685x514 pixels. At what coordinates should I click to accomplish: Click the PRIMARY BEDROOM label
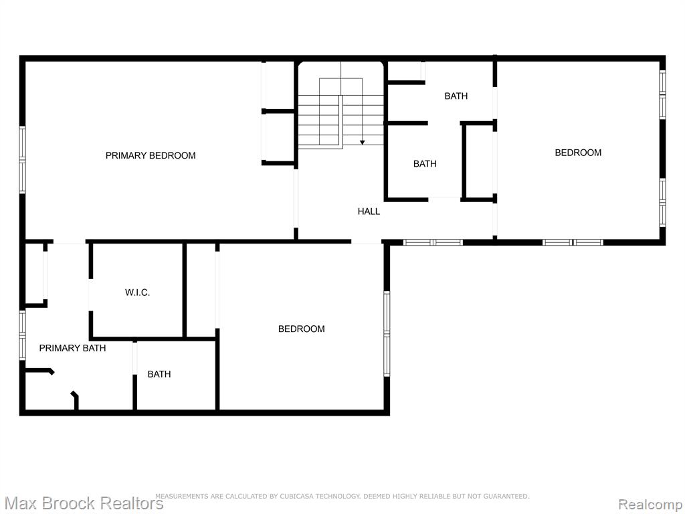pyautogui.click(x=151, y=155)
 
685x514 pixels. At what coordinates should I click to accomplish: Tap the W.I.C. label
pyautogui.click(x=137, y=292)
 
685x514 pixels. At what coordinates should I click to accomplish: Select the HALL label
pyautogui.click(x=369, y=211)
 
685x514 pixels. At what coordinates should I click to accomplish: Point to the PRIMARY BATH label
pyautogui.click(x=72, y=348)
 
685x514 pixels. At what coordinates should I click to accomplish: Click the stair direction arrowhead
pyautogui.click(x=362, y=143)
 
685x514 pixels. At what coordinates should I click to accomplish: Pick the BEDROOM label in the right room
pyautogui.click(x=578, y=153)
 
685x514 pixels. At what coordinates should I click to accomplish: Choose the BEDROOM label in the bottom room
pyautogui.click(x=302, y=329)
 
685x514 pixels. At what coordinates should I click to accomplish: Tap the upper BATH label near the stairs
pyautogui.click(x=456, y=96)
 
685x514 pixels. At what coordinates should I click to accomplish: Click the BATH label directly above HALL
pyautogui.click(x=425, y=164)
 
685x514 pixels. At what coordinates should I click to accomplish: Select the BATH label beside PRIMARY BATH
pyautogui.click(x=159, y=374)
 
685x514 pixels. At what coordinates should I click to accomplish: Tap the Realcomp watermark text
pyautogui.click(x=651, y=505)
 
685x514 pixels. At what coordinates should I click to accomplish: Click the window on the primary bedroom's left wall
pyautogui.click(x=22, y=159)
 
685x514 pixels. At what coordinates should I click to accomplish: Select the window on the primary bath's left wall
pyautogui.click(x=22, y=335)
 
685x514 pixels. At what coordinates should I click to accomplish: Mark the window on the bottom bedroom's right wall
pyautogui.click(x=387, y=334)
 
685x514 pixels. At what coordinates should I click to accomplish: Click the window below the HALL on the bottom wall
pyautogui.click(x=433, y=242)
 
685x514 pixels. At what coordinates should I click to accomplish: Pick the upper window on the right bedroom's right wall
pyautogui.click(x=662, y=94)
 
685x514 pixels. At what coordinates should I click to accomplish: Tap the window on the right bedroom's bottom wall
pyautogui.click(x=573, y=242)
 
